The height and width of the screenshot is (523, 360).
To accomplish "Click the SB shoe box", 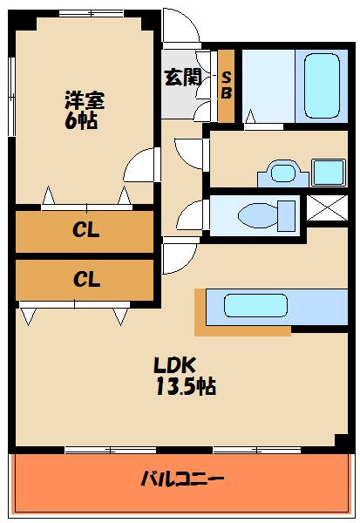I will point(226,85).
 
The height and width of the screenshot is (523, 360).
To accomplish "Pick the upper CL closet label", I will point(85,231).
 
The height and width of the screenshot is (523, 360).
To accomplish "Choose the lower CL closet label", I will point(85,280).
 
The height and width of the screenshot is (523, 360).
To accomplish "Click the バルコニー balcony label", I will point(183,479).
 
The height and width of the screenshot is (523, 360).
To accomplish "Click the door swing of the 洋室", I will point(139,166).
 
